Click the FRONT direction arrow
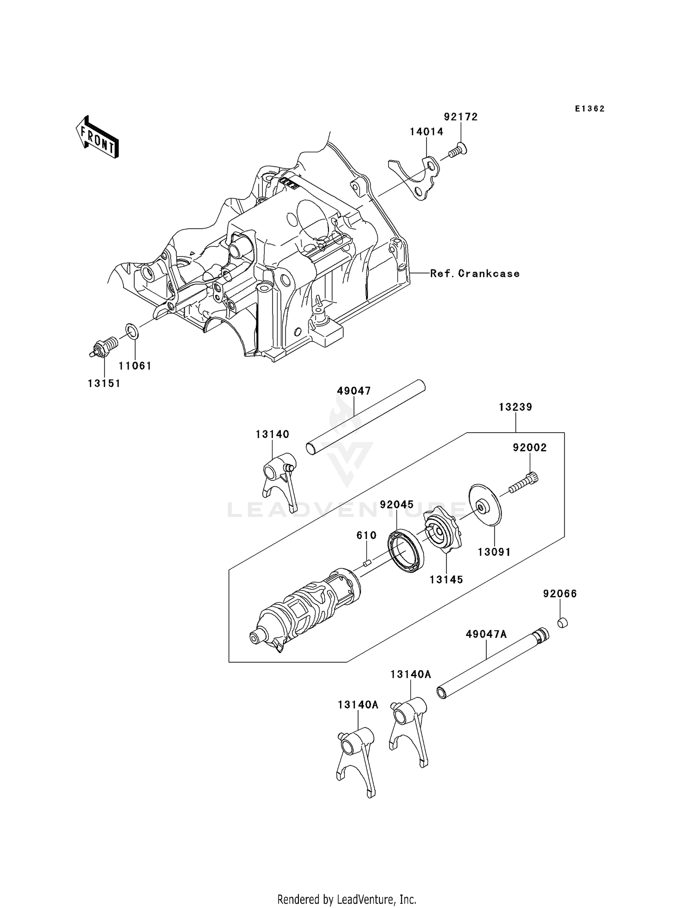[97, 138]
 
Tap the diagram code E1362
[590, 109]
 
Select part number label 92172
[461, 117]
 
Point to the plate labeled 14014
[416, 178]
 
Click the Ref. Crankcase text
[475, 274]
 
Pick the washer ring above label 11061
[131, 331]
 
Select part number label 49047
[354, 391]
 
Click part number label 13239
[515, 407]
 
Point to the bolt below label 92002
[525, 483]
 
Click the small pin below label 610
[367, 563]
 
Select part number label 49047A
[486, 634]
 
